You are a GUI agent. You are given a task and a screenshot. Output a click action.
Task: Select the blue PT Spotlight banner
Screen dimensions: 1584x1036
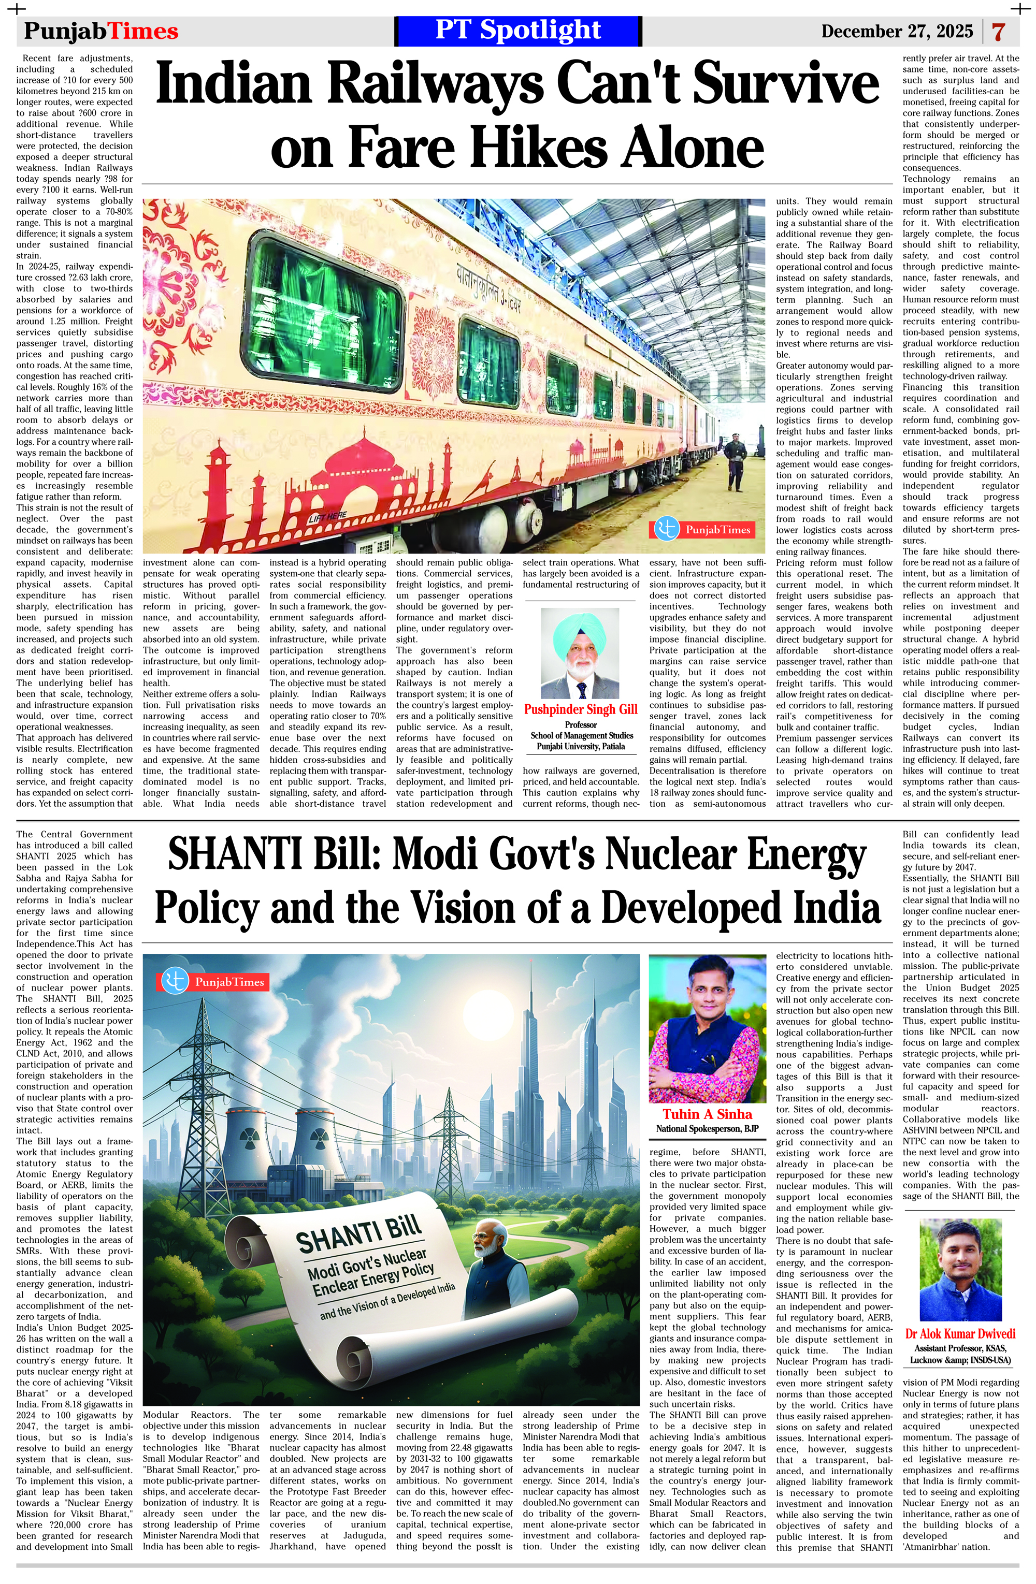(517, 31)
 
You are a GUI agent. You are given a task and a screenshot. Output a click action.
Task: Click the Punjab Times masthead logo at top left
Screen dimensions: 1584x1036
(100, 31)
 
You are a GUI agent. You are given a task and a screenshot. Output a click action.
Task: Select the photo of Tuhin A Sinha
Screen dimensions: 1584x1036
(707, 1028)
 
